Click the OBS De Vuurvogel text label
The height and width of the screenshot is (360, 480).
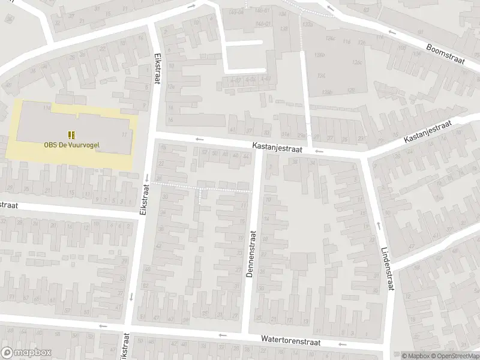(x=71, y=144)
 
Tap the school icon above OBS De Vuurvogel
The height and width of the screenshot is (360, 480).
(x=71, y=134)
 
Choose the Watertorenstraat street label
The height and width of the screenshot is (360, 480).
(x=291, y=340)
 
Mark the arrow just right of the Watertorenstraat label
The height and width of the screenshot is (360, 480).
(x=343, y=344)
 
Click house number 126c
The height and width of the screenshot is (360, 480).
(x=358, y=62)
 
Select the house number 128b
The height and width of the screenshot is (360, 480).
(x=327, y=92)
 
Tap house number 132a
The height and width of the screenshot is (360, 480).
(x=308, y=24)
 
